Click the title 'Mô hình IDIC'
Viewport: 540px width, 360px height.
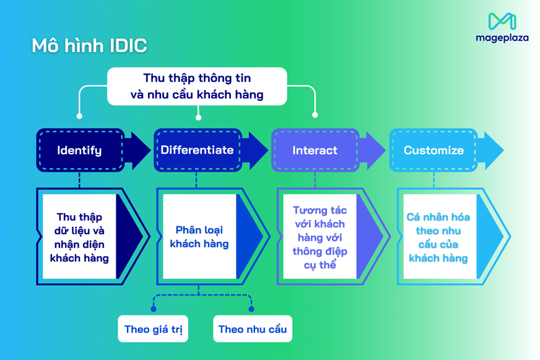pyautogui.click(x=89, y=46)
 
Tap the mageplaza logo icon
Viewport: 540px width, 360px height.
pyautogui.click(x=502, y=22)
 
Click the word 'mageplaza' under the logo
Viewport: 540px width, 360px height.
pyautogui.click(x=502, y=38)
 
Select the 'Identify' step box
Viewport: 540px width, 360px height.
pyautogui.click(x=80, y=151)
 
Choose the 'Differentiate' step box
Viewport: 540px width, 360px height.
pyautogui.click(x=198, y=151)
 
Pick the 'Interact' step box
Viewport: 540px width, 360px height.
pyautogui.click(x=315, y=151)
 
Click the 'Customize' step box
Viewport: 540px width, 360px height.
pyautogui.click(x=433, y=151)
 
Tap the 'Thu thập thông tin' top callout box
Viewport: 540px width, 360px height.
pyautogui.click(x=197, y=86)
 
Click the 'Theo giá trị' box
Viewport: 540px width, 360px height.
pyautogui.click(x=153, y=329)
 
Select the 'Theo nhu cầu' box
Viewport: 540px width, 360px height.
pyautogui.click(x=252, y=329)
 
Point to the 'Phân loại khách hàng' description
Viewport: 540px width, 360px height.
pyautogui.click(x=199, y=237)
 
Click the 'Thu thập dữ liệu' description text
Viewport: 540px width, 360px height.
pyautogui.click(x=79, y=237)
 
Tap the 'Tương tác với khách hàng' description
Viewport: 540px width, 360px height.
pyautogui.click(x=320, y=237)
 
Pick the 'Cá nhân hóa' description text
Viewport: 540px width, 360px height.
pyautogui.click(x=438, y=237)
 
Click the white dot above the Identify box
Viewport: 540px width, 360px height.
pyautogui.click(x=79, y=116)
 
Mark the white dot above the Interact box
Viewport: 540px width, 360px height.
pyautogui.click(x=315, y=115)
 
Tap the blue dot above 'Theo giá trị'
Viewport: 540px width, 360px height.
pyautogui.click(x=154, y=309)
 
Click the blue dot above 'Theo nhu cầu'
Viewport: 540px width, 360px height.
pyautogui.click(x=251, y=309)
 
